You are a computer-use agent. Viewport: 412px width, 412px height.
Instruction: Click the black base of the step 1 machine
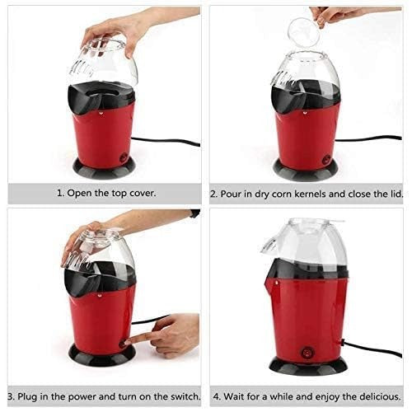pos(104,167)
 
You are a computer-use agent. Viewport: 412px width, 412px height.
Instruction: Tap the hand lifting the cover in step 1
pos(115,31)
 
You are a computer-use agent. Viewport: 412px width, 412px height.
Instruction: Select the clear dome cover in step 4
pos(305,247)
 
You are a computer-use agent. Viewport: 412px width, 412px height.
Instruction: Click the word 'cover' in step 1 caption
pos(139,194)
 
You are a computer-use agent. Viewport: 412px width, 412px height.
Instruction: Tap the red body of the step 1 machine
pos(103,132)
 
